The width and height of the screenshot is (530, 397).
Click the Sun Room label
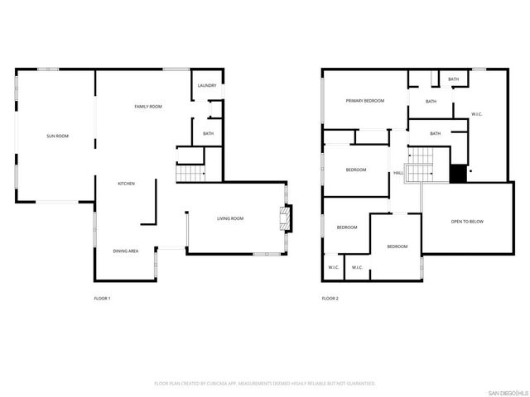(x=56, y=136)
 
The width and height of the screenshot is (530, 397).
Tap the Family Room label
(x=148, y=107)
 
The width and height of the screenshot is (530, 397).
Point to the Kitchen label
(x=126, y=184)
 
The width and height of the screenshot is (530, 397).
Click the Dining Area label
(x=126, y=251)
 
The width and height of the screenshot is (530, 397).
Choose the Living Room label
(x=230, y=218)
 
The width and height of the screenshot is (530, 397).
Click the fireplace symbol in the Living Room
(x=285, y=218)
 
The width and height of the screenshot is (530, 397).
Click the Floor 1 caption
(x=102, y=298)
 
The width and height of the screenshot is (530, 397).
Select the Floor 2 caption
(x=330, y=298)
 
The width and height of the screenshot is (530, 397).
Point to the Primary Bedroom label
(x=365, y=101)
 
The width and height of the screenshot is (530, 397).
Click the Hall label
(x=398, y=173)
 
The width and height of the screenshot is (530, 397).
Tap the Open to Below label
(x=467, y=222)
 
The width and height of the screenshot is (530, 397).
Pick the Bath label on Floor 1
(x=208, y=134)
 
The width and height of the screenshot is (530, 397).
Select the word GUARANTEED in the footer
(x=358, y=384)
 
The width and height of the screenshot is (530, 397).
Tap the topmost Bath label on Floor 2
(x=453, y=79)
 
